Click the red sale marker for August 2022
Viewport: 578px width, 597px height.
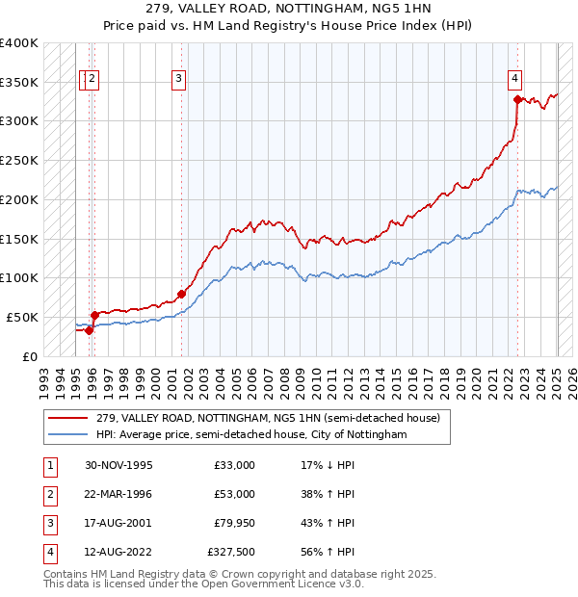click(517, 98)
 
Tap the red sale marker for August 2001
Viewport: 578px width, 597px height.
click(181, 294)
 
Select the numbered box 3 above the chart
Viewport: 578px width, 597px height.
click(179, 80)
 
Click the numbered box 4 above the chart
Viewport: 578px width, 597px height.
click(515, 80)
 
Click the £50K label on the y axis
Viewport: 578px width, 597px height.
click(22, 317)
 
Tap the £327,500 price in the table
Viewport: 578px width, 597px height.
click(231, 552)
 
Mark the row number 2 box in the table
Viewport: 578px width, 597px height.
click(47, 494)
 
